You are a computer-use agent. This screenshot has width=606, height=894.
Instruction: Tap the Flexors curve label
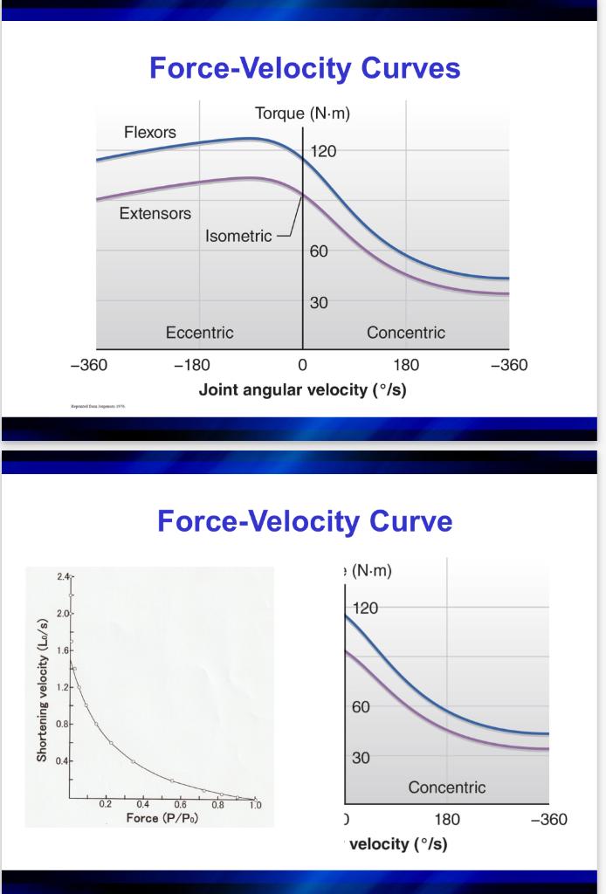point(149,133)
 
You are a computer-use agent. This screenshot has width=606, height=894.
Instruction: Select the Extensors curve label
point(155,213)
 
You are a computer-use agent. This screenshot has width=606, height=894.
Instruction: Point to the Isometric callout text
point(238,237)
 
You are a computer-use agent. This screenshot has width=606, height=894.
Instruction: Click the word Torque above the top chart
point(280,114)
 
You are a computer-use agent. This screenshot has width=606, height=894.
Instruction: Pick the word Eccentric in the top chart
point(200,333)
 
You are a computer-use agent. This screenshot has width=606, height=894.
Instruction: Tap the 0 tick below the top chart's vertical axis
point(303,365)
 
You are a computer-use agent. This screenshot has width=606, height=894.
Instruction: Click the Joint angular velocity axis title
point(302,389)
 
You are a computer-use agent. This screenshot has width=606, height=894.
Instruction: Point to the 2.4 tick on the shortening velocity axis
point(61,577)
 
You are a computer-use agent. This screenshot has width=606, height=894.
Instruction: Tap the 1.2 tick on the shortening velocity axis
point(62,687)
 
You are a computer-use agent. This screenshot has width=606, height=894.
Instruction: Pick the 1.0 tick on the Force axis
point(255,806)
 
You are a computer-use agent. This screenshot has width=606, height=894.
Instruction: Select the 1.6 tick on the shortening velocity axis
point(62,650)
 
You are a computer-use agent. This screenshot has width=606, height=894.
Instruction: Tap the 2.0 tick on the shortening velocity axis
point(62,615)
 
